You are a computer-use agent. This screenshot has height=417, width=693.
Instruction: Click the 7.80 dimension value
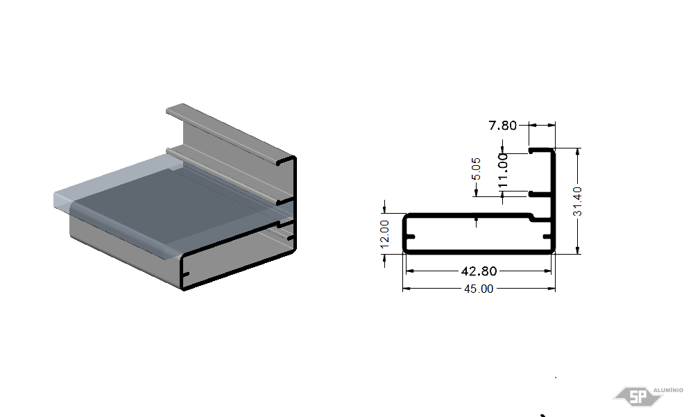pos(502,126)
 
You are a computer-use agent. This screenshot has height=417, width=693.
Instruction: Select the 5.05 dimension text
pos(476,169)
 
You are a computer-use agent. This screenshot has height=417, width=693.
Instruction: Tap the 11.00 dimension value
pos(503,171)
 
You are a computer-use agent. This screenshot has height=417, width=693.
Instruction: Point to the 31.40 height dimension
pos(577,201)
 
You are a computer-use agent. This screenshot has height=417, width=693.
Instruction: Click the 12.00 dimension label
pos(384,234)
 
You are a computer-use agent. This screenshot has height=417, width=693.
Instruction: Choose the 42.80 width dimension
pos(479,271)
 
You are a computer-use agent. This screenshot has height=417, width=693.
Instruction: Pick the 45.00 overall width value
pos(479,289)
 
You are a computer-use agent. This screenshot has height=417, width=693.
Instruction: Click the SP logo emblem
pos(638,396)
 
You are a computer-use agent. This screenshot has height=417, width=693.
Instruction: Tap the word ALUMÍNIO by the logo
pos(668,390)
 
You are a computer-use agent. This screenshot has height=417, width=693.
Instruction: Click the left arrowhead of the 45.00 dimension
pos(407,289)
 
